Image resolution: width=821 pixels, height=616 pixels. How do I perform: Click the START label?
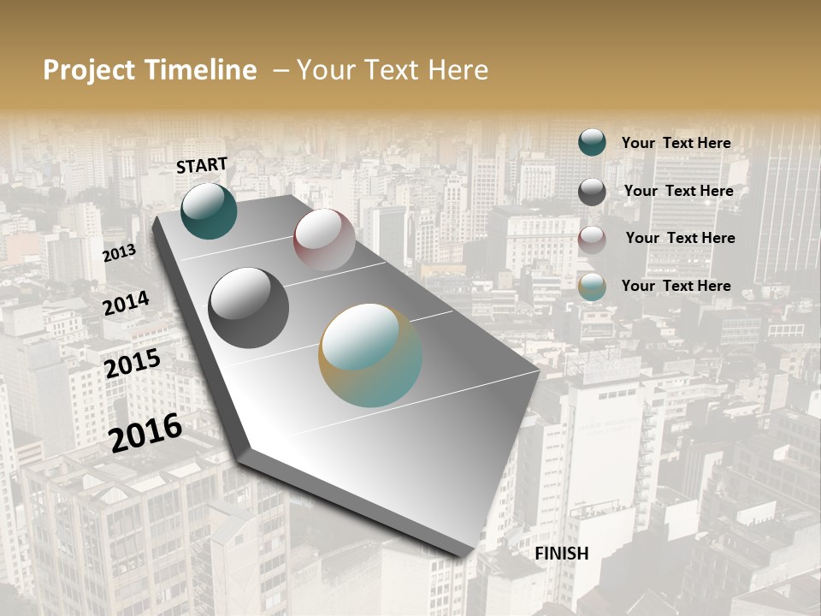tap(202, 165)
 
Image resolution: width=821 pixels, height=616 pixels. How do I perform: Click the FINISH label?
tap(562, 554)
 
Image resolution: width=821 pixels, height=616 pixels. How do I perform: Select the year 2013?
tap(119, 253)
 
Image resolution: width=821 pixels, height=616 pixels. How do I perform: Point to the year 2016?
tap(145, 432)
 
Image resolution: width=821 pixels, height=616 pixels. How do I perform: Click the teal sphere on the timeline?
tap(209, 210)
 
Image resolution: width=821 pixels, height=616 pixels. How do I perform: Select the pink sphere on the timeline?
tap(324, 240)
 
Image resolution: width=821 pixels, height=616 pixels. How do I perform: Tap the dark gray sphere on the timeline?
tap(248, 308)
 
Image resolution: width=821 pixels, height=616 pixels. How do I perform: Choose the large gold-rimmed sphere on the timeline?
tap(370, 355)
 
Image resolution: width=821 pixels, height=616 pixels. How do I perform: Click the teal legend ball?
tap(592, 142)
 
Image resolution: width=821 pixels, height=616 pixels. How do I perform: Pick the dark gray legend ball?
tap(592, 192)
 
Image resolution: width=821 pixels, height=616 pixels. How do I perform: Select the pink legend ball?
tap(592, 240)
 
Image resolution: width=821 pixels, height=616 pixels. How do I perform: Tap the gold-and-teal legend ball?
tap(592, 287)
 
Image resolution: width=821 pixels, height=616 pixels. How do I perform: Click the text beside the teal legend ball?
tap(676, 143)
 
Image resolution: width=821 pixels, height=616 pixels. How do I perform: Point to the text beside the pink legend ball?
tap(680, 238)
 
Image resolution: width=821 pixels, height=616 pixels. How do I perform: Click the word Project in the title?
tap(89, 70)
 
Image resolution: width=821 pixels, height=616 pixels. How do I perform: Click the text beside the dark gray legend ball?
tap(678, 191)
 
